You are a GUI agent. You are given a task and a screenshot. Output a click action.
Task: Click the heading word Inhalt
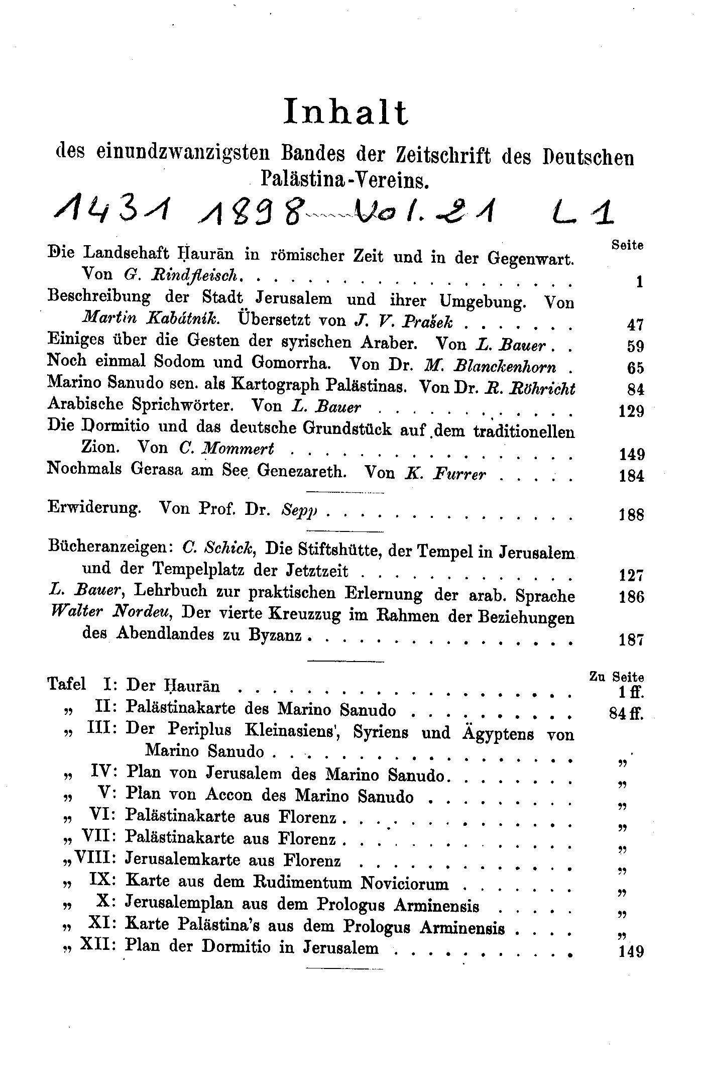[346, 113]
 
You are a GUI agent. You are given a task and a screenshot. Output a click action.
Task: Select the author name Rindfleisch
[194, 276]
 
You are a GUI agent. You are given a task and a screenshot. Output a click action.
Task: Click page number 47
[635, 325]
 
